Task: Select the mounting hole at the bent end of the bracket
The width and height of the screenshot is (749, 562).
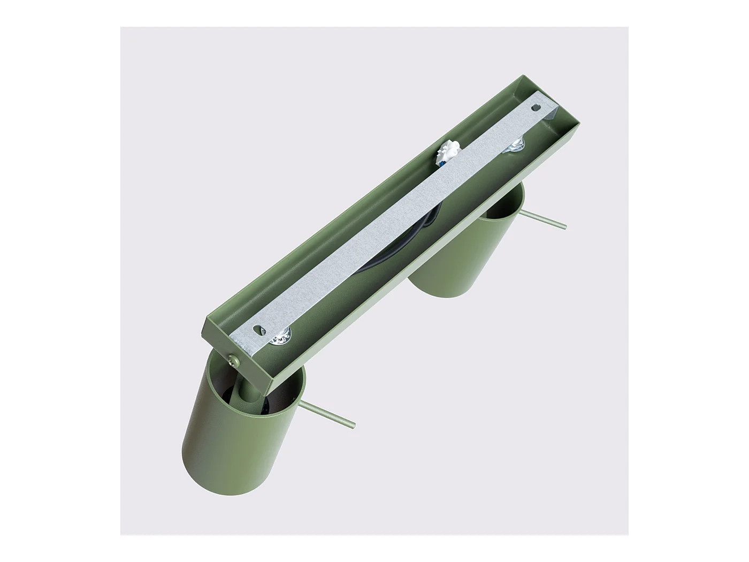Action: coord(534,108)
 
